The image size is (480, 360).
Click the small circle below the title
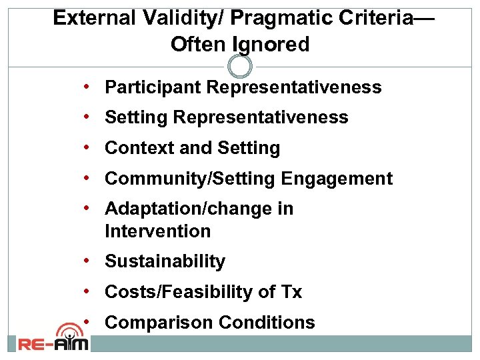pos(240,66)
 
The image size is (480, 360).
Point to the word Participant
pos(153,87)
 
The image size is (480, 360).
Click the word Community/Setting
pos(190,179)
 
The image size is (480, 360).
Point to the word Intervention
pos(157,231)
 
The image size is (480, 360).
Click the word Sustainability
pos(165,262)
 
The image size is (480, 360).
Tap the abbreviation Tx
pos(291,292)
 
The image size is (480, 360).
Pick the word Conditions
pos(267,323)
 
